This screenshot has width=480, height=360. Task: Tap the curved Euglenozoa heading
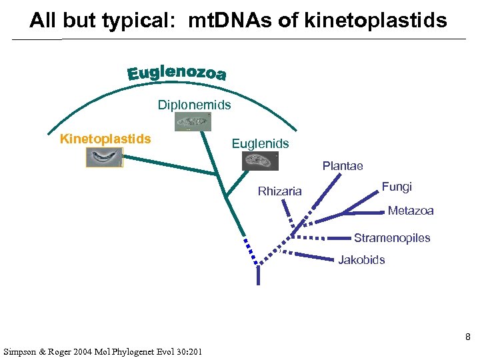(x=177, y=73)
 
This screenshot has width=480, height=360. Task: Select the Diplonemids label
(x=194, y=105)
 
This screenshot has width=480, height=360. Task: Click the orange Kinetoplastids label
(x=105, y=139)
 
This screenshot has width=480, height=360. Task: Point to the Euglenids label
(x=260, y=143)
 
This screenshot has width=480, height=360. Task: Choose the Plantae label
(x=343, y=166)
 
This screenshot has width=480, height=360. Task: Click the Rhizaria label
(x=279, y=191)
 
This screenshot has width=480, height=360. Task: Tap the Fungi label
(x=397, y=187)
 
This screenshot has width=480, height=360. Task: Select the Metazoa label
(x=411, y=211)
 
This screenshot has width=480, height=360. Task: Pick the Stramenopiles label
(x=392, y=238)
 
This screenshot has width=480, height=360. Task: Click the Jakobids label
(x=361, y=260)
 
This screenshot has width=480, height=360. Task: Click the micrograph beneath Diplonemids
(x=193, y=122)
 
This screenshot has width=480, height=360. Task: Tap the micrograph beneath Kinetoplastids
(x=104, y=157)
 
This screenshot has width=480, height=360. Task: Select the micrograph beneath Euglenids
(x=260, y=160)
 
